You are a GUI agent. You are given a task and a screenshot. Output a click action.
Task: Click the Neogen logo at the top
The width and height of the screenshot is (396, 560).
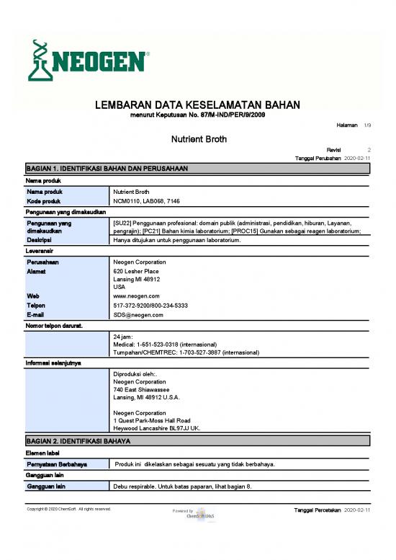[88, 61]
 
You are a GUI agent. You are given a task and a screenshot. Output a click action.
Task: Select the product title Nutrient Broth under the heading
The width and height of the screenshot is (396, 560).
[198, 137]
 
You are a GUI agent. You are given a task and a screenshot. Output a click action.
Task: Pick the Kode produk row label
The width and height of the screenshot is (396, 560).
[45, 202]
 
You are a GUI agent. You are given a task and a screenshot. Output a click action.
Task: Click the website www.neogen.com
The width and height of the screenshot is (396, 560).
[137, 295]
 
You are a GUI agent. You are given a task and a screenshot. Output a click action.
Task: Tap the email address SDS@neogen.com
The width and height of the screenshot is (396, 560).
[139, 315]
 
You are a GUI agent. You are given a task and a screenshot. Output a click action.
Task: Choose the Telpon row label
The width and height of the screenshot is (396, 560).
[37, 305]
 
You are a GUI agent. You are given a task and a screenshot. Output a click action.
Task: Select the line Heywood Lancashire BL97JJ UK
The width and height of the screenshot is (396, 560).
[157, 428]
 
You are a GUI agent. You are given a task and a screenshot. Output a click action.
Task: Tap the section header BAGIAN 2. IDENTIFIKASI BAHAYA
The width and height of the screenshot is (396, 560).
[84, 440]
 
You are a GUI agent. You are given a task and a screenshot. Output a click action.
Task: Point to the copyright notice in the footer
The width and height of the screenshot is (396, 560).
[68, 509]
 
